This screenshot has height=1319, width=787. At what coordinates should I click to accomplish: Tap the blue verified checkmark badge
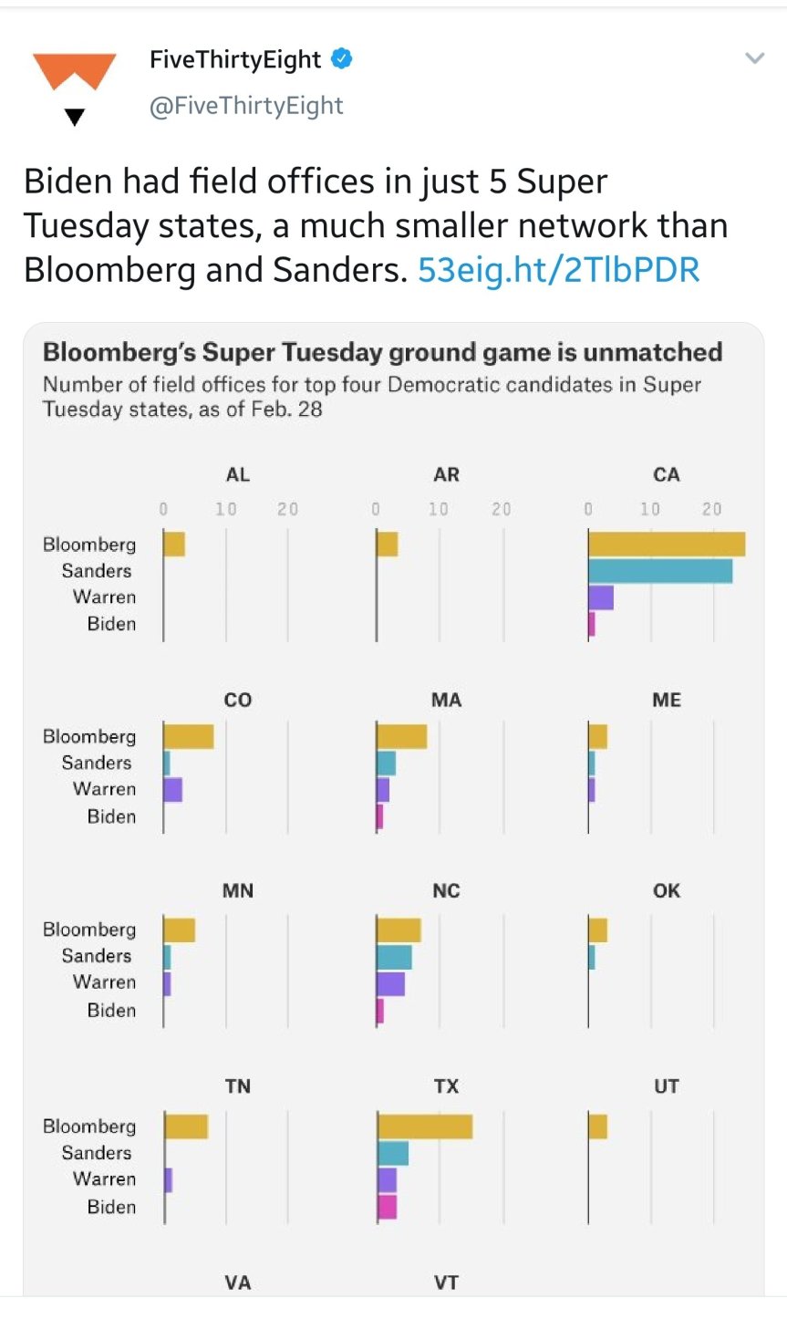coord(342,59)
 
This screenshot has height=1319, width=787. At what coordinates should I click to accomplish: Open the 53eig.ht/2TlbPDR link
coord(558,270)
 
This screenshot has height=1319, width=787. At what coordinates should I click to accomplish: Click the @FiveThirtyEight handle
coord(246,106)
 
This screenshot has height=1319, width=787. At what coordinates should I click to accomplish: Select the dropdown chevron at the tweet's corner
coord(754,59)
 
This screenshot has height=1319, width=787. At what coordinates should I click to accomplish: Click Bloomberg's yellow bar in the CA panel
coord(667,545)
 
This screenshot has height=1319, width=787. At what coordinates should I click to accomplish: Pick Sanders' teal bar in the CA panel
coord(660,571)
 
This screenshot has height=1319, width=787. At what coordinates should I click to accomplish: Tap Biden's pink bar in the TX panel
coord(388,1207)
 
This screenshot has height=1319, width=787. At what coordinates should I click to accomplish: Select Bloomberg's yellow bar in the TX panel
coord(425,1127)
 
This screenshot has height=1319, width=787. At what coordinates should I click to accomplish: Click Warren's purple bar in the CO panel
coord(173,790)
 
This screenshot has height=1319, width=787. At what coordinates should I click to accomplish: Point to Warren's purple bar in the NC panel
coord(391,983)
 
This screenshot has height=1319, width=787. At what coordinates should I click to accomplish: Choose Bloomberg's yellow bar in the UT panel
coord(598,1127)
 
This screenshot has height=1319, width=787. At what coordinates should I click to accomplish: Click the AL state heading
coord(238,474)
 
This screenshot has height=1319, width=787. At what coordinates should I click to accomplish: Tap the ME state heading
coord(667,700)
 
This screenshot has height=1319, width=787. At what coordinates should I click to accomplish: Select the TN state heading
coord(238,1085)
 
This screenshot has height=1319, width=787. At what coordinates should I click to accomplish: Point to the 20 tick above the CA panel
coord(711,509)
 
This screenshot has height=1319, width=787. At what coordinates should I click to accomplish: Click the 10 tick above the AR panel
coord(439,509)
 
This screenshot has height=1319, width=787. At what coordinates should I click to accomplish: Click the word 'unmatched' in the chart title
coord(654,352)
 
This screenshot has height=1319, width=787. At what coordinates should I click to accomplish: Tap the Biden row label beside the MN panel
coord(111,1010)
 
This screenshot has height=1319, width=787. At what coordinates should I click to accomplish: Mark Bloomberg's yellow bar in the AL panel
coord(174,545)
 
